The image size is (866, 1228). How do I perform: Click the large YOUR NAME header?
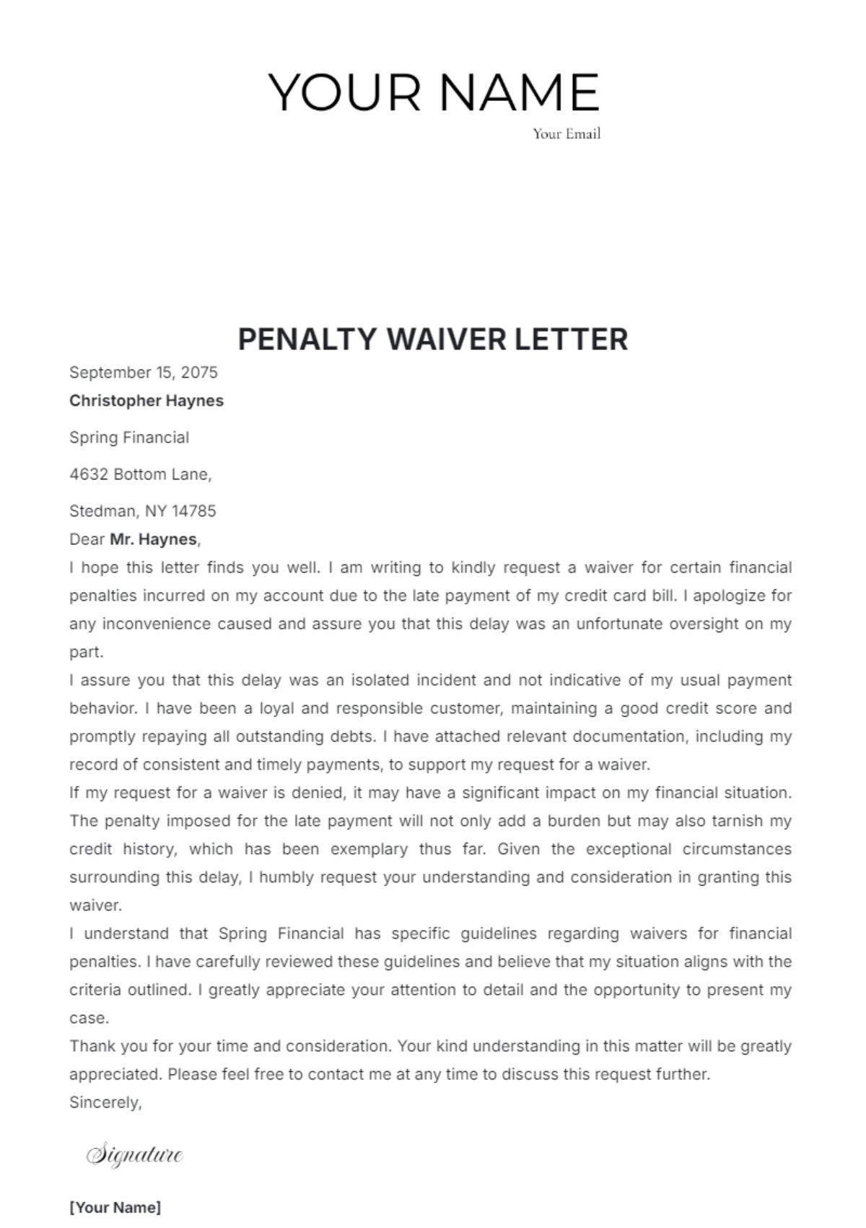pos(434,92)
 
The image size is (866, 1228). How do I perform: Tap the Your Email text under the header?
pos(567,134)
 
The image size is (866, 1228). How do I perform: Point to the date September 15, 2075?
pos(143,373)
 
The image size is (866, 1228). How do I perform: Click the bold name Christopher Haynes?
pos(146,401)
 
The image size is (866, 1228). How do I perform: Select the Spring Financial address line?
pos(129,437)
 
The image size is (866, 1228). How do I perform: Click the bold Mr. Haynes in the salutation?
pos(154,539)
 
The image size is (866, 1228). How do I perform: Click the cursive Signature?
pos(135,1154)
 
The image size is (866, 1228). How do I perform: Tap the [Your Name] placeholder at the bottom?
pos(115,1207)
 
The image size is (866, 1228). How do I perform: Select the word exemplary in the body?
pos(369,849)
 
